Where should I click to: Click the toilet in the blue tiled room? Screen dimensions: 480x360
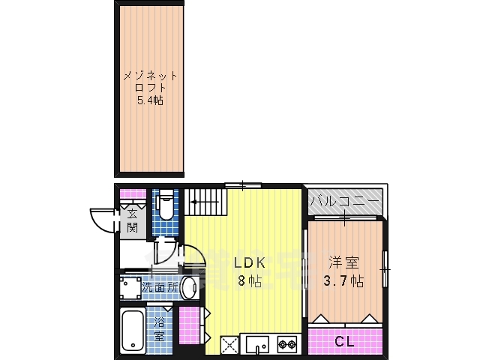click(x=166, y=204)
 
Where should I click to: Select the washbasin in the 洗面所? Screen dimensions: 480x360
click(x=188, y=287)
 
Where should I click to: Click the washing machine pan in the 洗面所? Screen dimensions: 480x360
click(x=130, y=288)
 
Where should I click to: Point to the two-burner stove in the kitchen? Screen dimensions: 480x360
click(x=287, y=344)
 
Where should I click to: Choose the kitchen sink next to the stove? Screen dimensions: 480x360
click(x=258, y=344)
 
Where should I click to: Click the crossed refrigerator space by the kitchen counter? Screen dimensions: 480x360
click(x=229, y=344)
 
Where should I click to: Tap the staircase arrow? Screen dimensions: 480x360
click(x=205, y=202)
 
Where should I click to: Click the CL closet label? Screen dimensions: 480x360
click(x=344, y=341)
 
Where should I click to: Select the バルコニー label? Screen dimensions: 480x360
click(x=345, y=202)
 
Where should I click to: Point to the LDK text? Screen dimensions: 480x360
click(x=249, y=262)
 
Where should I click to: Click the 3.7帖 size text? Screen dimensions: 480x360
click(x=343, y=280)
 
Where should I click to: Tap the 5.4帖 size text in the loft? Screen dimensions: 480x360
click(x=150, y=100)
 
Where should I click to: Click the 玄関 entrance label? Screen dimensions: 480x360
click(x=132, y=220)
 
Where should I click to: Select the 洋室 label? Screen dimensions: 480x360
click(x=343, y=262)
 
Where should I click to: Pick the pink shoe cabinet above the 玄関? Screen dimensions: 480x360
click(x=133, y=193)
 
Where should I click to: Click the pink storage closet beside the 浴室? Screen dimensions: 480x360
click(x=189, y=324)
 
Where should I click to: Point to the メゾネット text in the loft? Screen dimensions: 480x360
click(x=150, y=76)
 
